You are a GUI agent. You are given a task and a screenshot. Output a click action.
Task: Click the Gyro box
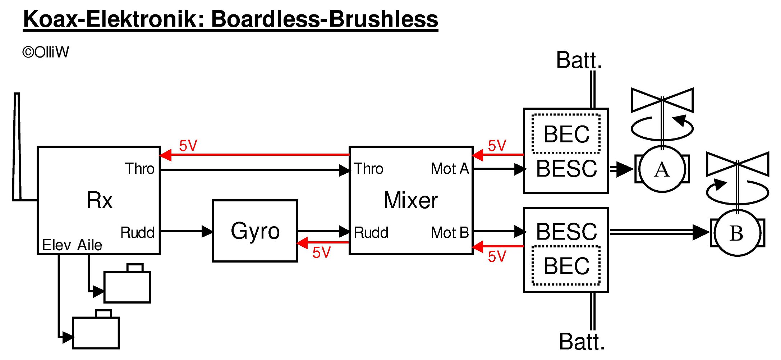click(x=255, y=231)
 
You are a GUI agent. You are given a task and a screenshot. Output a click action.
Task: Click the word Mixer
click(x=410, y=200)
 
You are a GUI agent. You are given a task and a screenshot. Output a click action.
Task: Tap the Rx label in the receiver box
click(x=99, y=200)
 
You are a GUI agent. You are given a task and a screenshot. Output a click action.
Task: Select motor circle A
click(x=662, y=169)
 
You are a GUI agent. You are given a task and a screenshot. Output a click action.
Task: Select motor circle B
click(x=737, y=233)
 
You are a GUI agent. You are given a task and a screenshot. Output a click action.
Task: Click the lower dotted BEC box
click(x=566, y=265)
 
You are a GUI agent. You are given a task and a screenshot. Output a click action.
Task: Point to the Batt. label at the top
click(x=579, y=60)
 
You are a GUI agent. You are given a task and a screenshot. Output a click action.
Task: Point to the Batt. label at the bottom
click(x=582, y=341)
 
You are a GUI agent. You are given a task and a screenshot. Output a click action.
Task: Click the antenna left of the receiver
click(x=17, y=147)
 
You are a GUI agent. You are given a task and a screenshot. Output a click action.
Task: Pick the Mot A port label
click(x=450, y=168)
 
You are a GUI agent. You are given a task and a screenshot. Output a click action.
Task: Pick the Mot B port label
click(x=450, y=232)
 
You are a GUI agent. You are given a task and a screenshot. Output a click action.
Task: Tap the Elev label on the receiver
click(x=56, y=245)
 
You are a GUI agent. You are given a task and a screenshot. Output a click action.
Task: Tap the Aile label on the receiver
click(x=89, y=245)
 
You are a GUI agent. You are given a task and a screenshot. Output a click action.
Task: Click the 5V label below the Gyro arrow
click(x=321, y=252)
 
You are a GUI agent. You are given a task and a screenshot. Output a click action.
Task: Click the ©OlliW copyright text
click(x=46, y=53)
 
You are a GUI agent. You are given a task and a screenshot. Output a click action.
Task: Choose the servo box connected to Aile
click(x=127, y=287)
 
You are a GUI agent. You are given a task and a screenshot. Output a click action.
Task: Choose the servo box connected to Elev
click(x=96, y=332)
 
